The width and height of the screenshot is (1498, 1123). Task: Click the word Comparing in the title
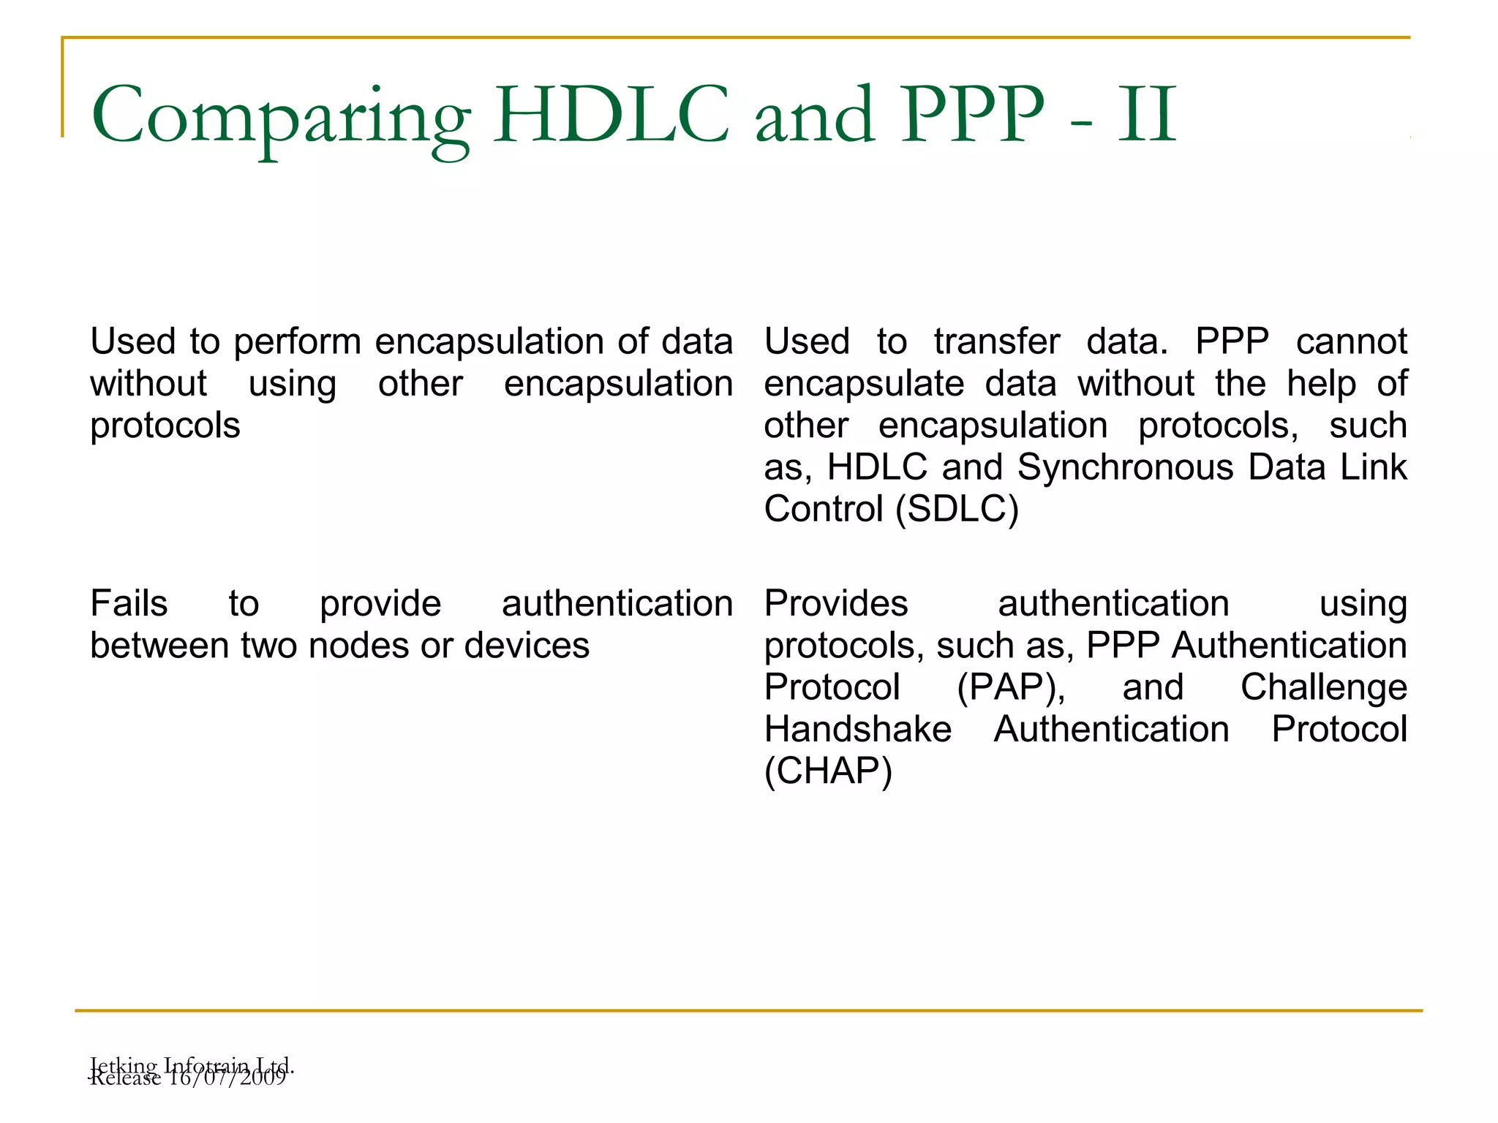pyautogui.click(x=280, y=117)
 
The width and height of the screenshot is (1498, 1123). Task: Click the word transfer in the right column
pyautogui.click(x=996, y=341)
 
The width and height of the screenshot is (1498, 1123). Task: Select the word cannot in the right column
pyautogui.click(x=1351, y=341)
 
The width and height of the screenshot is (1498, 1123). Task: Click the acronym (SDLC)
pyautogui.click(x=957, y=510)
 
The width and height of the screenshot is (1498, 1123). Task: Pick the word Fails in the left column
pyautogui.click(x=129, y=604)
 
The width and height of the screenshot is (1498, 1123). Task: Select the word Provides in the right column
pyautogui.click(x=836, y=604)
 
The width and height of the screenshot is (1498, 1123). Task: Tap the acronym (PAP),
pyautogui.click(x=1011, y=688)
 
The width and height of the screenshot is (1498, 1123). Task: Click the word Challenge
pyautogui.click(x=1323, y=687)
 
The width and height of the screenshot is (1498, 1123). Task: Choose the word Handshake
pyautogui.click(x=858, y=730)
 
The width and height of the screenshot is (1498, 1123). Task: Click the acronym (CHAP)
pyautogui.click(x=828, y=771)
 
